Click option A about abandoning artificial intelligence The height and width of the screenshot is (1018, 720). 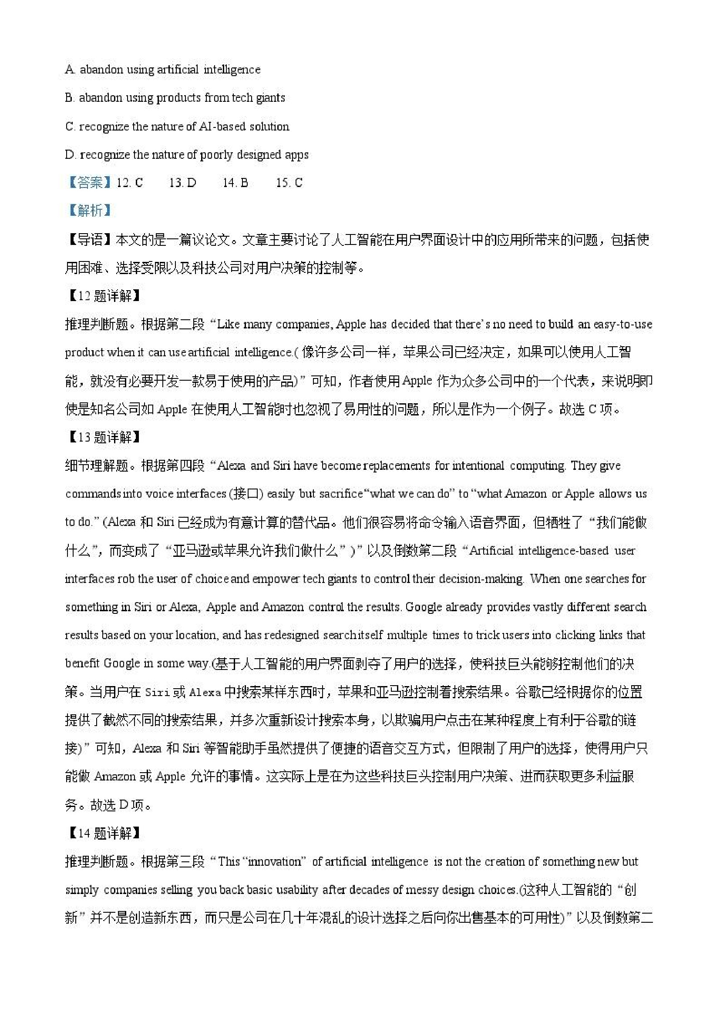(x=162, y=70)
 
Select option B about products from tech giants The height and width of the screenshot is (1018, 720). (x=175, y=98)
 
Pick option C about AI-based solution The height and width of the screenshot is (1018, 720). (x=177, y=127)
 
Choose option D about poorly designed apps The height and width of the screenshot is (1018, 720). (x=186, y=155)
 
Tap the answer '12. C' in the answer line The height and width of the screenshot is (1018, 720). (x=130, y=183)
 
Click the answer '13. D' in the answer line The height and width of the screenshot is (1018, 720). (x=183, y=183)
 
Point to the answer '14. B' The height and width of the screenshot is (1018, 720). (x=236, y=183)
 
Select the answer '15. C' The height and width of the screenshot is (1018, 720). (x=289, y=183)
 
